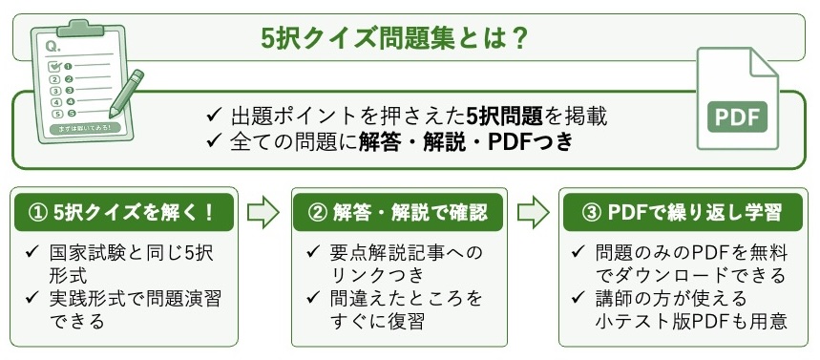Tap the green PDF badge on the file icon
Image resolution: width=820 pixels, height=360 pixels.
pyautogui.click(x=737, y=116)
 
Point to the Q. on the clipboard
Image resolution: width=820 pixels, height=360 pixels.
pyautogui.click(x=53, y=47)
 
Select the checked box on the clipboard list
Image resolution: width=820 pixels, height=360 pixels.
pyautogui.click(x=55, y=67)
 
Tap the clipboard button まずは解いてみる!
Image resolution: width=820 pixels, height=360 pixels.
pyautogui.click(x=85, y=128)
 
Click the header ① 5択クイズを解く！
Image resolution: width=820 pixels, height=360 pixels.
pyautogui.click(x=123, y=212)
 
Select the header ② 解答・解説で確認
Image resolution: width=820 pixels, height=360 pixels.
pyautogui.click(x=398, y=212)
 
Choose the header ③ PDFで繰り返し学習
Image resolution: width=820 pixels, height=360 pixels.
pyautogui.click(x=682, y=212)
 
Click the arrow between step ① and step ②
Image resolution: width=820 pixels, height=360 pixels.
pyautogui.click(x=263, y=212)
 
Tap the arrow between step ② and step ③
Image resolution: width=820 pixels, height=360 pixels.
pyautogui.click(x=534, y=212)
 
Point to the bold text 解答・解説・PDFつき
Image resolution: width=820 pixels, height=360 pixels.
pyautogui.click(x=466, y=143)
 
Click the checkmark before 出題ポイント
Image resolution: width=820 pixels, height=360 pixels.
pyautogui.click(x=215, y=116)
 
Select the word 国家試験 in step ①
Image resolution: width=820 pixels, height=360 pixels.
pyautogui.click(x=85, y=254)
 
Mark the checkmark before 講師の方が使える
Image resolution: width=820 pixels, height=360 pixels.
pyautogui.click(x=578, y=297)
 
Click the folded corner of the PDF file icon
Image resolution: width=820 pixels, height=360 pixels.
pyautogui.click(x=765, y=61)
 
